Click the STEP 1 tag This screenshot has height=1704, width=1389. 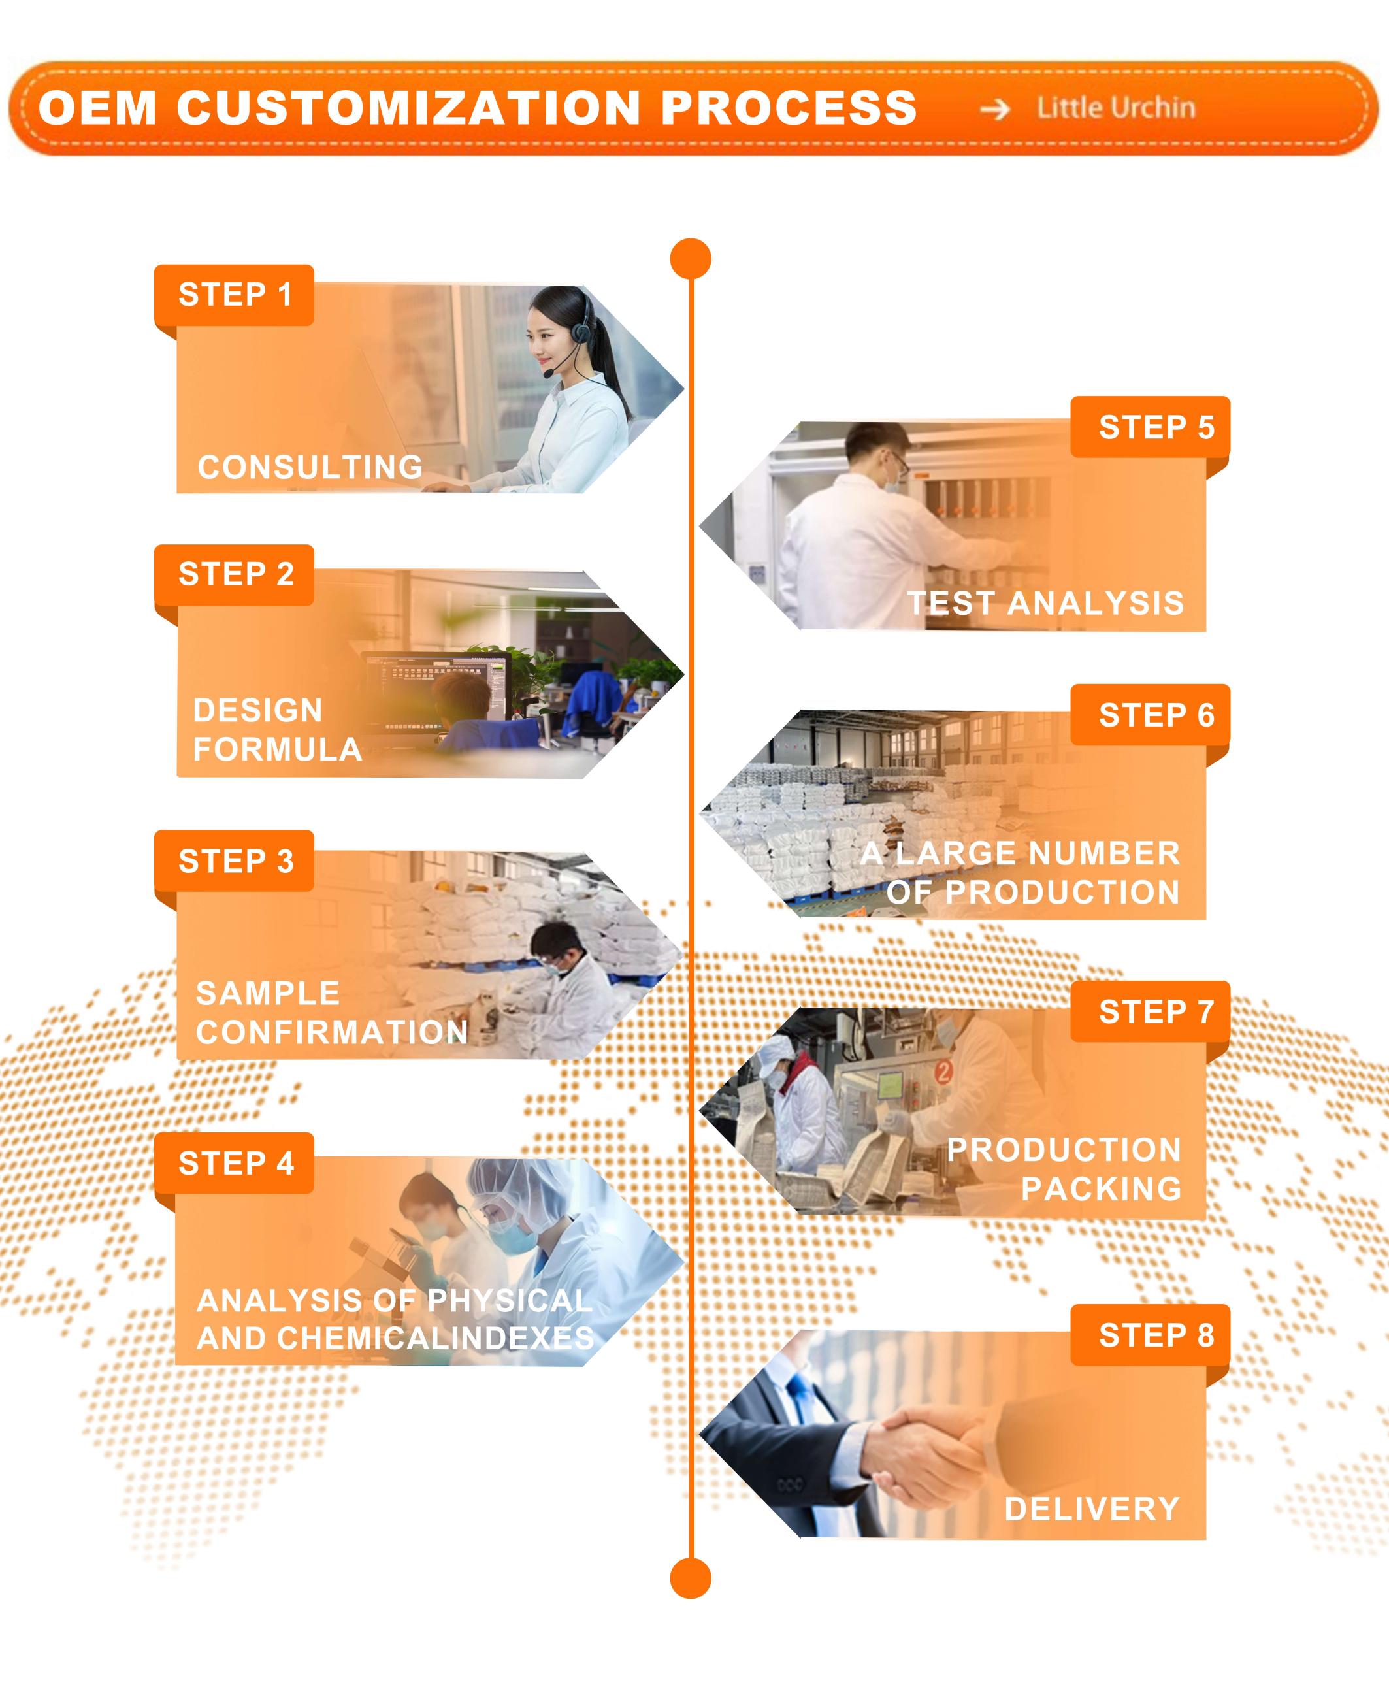[x=234, y=295]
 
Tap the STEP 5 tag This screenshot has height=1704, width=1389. [x=1151, y=427]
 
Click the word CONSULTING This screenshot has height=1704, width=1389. [x=310, y=467]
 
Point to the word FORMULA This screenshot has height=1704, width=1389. [x=278, y=749]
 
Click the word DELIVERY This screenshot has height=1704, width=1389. [x=1092, y=1509]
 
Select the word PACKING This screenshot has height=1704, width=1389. [x=1102, y=1188]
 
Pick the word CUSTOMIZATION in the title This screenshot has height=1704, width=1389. [x=409, y=108]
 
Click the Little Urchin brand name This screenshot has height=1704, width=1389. [x=1116, y=108]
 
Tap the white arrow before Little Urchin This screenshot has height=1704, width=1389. [x=995, y=109]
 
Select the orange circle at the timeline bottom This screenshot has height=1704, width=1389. [x=691, y=1578]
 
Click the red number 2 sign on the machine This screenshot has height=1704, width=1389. [x=944, y=1070]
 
